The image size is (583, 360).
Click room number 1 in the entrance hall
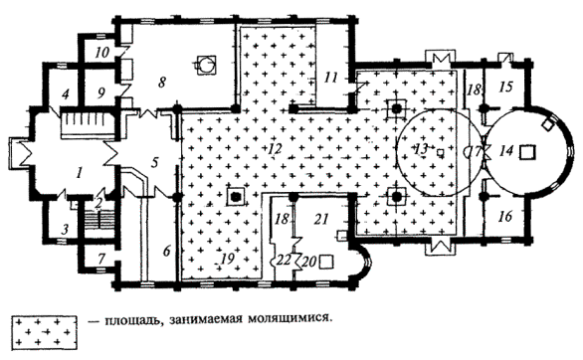79,173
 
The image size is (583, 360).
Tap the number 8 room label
161,83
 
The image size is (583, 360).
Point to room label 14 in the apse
506,151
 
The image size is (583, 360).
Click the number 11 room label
330,78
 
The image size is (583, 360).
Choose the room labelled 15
505,87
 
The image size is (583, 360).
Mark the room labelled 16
505,216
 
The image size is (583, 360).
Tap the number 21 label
321,219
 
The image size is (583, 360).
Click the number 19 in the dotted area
228,259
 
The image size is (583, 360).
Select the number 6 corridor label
166,252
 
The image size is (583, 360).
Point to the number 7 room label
101,259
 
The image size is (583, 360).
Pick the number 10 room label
101,53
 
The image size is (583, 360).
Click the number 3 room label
65,229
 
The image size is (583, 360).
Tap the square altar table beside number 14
527,153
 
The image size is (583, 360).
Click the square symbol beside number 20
326,262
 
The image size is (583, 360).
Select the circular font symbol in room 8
205,65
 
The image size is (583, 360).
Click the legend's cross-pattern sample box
44,330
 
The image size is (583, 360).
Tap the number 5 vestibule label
155,162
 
